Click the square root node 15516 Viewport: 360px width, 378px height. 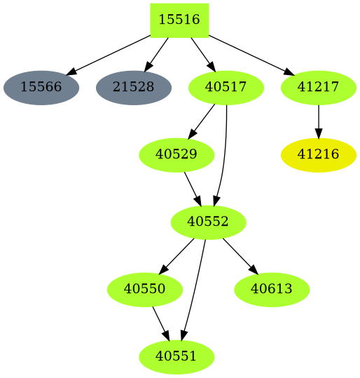(x=179, y=20)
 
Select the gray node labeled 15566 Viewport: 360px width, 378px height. (x=41, y=88)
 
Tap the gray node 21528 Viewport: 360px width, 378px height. (x=133, y=88)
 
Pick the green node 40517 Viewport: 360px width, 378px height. (x=226, y=88)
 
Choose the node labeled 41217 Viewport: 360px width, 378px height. (x=319, y=88)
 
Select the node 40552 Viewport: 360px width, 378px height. (x=208, y=222)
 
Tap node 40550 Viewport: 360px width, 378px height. (x=145, y=289)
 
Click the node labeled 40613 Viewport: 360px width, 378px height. (x=271, y=289)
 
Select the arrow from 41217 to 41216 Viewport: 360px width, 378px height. (x=319, y=121)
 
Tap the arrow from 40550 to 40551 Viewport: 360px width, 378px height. (x=161, y=323)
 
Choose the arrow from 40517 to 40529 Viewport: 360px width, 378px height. (x=202, y=121)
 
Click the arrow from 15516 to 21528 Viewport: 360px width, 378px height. (x=156, y=54)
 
